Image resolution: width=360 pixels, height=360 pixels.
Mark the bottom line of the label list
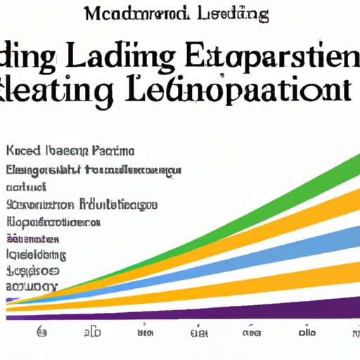[31, 286]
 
